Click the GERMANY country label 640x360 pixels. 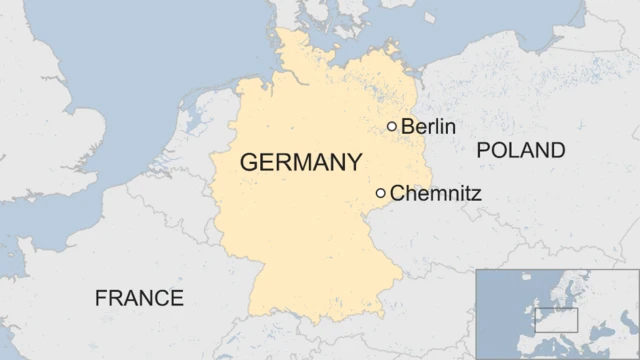tap(300, 162)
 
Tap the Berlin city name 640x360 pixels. tap(427, 127)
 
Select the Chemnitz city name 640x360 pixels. tap(435, 194)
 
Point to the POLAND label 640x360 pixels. tap(520, 150)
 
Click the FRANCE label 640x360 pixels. tap(139, 298)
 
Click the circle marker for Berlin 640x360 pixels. tap(392, 126)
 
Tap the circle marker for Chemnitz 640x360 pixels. tap(381, 193)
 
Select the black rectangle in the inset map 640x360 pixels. tap(557, 320)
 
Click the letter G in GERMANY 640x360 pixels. tap(249, 162)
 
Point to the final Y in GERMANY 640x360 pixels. tap(352, 162)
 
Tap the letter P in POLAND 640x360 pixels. tap(483, 150)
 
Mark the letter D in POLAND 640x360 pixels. tap(558, 150)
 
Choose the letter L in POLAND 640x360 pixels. tap(513, 150)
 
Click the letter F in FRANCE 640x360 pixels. tap(100, 298)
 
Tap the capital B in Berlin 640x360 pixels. tap(407, 127)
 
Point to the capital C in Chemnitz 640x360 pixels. tap(397, 194)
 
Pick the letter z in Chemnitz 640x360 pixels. tap(476, 194)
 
